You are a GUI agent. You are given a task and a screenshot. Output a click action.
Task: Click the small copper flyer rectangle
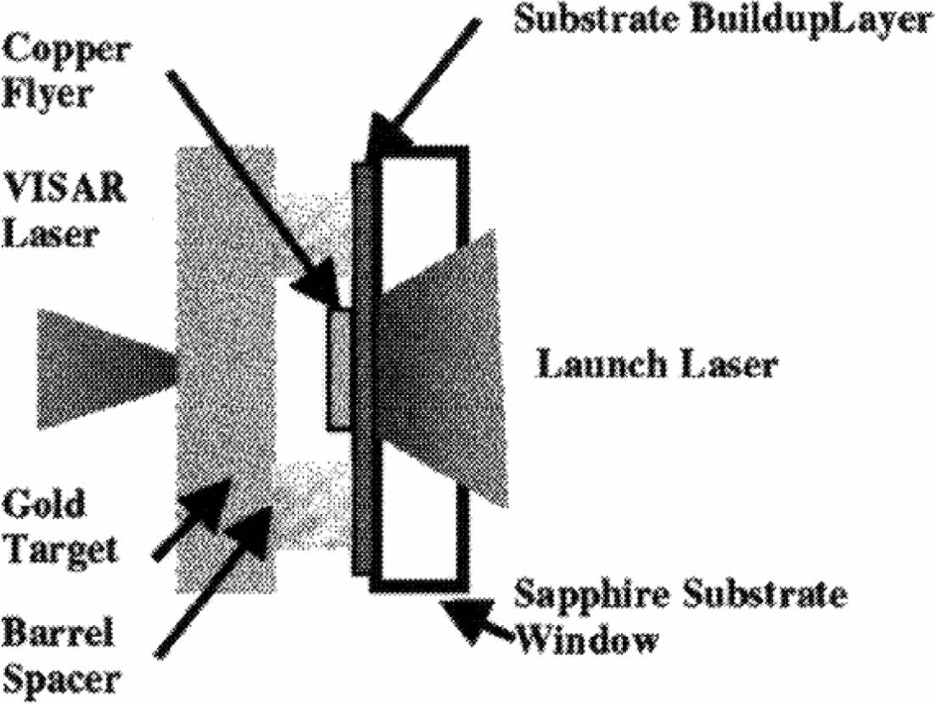[x=338, y=370]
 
